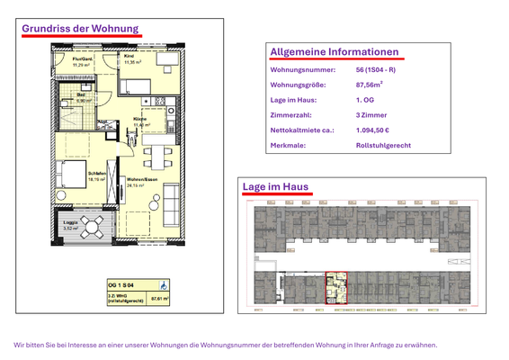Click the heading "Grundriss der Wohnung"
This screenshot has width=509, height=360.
[80, 29]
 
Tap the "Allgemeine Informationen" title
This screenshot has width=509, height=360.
[334, 52]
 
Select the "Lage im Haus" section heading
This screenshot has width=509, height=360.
[276, 186]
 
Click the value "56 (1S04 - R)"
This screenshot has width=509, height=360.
[375, 70]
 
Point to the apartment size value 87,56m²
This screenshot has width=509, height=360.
[370, 85]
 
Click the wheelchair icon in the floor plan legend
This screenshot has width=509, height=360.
[163, 283]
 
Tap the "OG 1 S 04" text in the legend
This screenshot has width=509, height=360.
[122, 283]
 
